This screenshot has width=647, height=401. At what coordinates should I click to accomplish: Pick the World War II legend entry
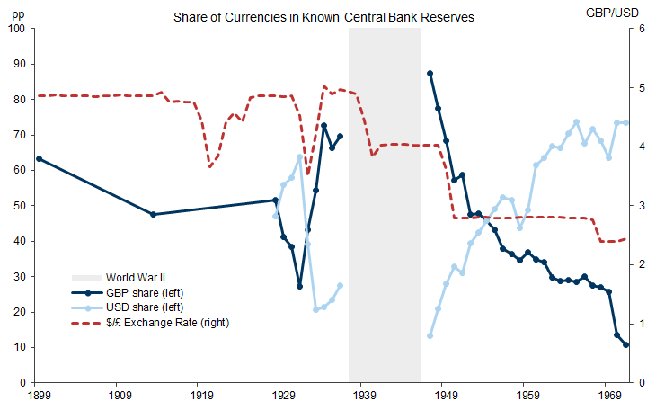136,277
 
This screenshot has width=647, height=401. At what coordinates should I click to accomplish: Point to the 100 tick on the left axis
17,29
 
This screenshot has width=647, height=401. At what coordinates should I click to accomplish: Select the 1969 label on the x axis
611,393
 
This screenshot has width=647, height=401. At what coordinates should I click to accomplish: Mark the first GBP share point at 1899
39,158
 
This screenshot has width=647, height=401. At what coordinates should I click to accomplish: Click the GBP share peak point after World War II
430,73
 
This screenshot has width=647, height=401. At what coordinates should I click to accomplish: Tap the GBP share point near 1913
153,214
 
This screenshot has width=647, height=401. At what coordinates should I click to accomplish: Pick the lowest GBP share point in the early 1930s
300,286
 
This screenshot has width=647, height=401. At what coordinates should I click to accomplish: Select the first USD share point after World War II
430,335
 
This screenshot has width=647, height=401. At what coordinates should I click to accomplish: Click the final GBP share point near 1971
625,345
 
